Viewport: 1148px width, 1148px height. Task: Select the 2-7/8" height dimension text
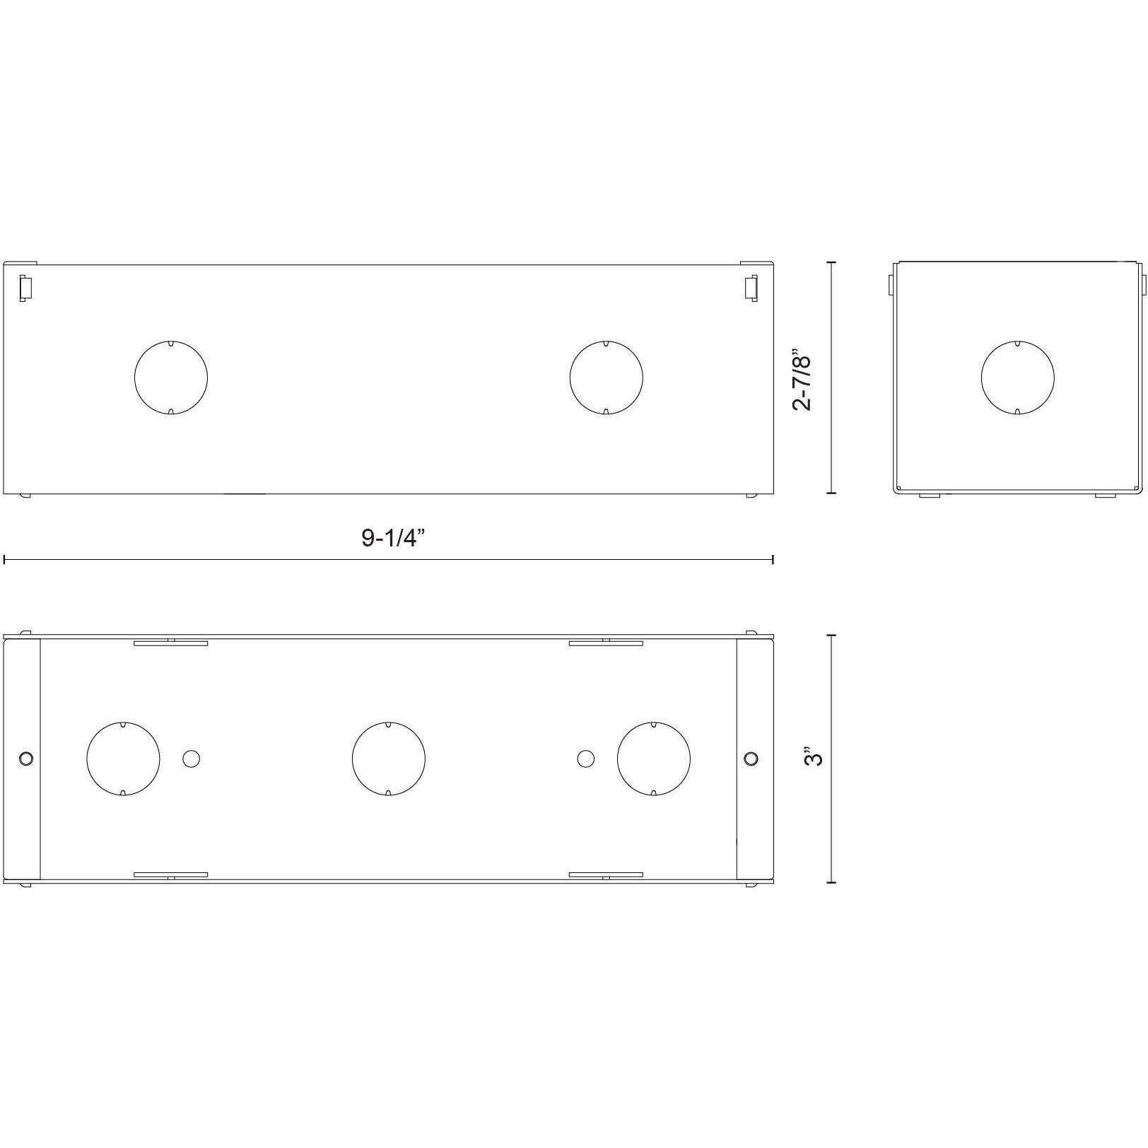[803, 379]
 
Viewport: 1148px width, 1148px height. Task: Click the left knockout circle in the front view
[171, 377]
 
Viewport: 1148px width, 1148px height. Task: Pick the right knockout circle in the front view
[607, 377]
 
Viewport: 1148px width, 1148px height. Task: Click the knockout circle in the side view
[1017, 377]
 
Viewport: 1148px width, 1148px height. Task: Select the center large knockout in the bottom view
[389, 758]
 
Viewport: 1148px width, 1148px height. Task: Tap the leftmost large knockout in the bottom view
[123, 758]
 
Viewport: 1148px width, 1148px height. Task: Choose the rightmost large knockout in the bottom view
[654, 758]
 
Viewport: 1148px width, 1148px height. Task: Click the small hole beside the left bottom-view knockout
[191, 758]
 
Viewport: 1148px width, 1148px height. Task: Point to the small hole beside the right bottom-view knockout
[585, 758]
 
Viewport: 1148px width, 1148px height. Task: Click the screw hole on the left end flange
[26, 758]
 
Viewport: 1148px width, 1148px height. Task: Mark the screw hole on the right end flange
[751, 758]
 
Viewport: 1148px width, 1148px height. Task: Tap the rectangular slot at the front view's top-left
[25, 288]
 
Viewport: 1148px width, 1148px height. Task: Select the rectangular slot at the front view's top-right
[751, 288]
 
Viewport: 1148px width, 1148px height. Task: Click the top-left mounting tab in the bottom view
[171, 643]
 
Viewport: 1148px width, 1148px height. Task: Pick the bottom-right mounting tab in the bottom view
[606, 875]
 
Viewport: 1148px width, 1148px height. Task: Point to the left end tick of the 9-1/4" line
[5, 560]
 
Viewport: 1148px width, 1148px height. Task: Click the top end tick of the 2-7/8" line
[831, 262]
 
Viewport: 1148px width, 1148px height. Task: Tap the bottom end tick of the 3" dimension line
[831, 882]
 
